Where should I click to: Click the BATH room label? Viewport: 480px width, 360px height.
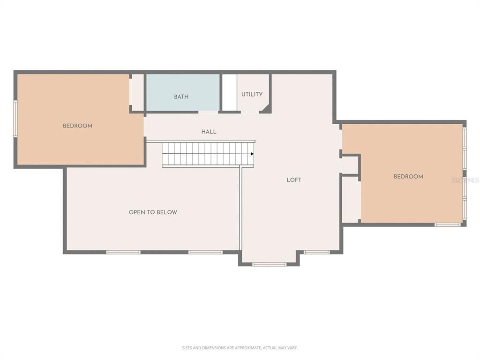pos(181,97)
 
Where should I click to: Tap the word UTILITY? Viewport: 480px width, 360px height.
pos(252,94)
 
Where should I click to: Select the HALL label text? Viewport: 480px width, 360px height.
pos(209,132)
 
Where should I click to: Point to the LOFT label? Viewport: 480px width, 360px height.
pos(294,180)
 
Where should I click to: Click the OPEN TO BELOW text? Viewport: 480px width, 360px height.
pos(153,212)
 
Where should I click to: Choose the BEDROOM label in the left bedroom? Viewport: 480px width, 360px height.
pos(77,126)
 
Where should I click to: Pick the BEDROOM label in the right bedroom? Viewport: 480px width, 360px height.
pos(408,177)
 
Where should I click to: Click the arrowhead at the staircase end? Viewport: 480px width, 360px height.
pos(252,154)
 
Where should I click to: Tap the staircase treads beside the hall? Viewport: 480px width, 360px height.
pos(206,154)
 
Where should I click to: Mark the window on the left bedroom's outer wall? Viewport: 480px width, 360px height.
pos(15,119)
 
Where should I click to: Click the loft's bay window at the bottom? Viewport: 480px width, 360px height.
pos(269,264)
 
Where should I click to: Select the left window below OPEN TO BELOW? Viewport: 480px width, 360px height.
pos(123,252)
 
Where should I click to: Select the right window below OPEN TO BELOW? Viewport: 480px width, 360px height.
pos(205,252)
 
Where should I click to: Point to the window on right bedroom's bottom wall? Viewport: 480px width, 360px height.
pos(447,225)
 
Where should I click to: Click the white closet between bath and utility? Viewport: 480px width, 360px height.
pos(229,92)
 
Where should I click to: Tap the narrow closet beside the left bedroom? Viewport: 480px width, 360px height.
pos(137,92)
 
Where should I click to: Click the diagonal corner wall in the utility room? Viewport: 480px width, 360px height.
pos(266,108)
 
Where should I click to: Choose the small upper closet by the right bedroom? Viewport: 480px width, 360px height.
pos(349,165)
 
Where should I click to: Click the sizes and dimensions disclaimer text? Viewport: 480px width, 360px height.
pos(240,348)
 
